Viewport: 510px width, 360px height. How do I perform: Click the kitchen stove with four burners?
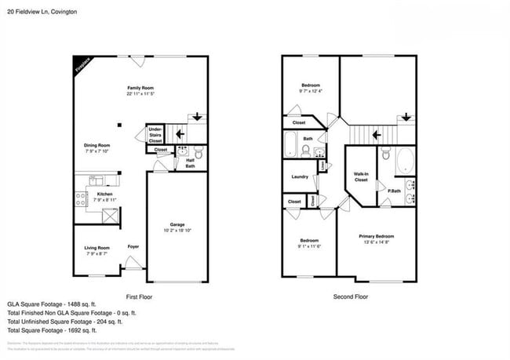pyautogui.click(x=80, y=199)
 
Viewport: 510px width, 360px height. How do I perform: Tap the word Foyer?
pyautogui.click(x=133, y=246)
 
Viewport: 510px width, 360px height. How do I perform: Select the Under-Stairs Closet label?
pyautogui.click(x=155, y=134)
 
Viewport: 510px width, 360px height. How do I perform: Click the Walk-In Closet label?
pyautogui.click(x=361, y=176)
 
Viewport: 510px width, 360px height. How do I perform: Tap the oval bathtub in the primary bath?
pyautogui.click(x=406, y=162)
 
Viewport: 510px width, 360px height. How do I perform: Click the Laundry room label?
pyautogui.click(x=299, y=176)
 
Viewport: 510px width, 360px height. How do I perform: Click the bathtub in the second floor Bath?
pyautogui.click(x=290, y=146)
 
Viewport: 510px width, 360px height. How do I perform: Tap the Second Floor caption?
pyautogui.click(x=351, y=297)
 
